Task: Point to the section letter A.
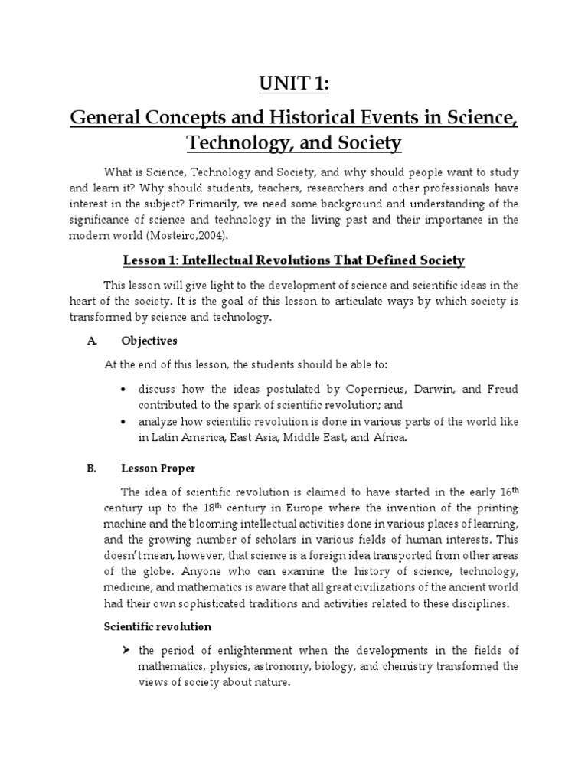tap(90, 341)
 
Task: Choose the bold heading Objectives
tap(149, 341)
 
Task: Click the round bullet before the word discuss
tap(124, 389)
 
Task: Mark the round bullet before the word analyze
tap(124, 422)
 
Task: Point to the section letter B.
tap(90, 469)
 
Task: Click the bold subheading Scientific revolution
tap(158, 626)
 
